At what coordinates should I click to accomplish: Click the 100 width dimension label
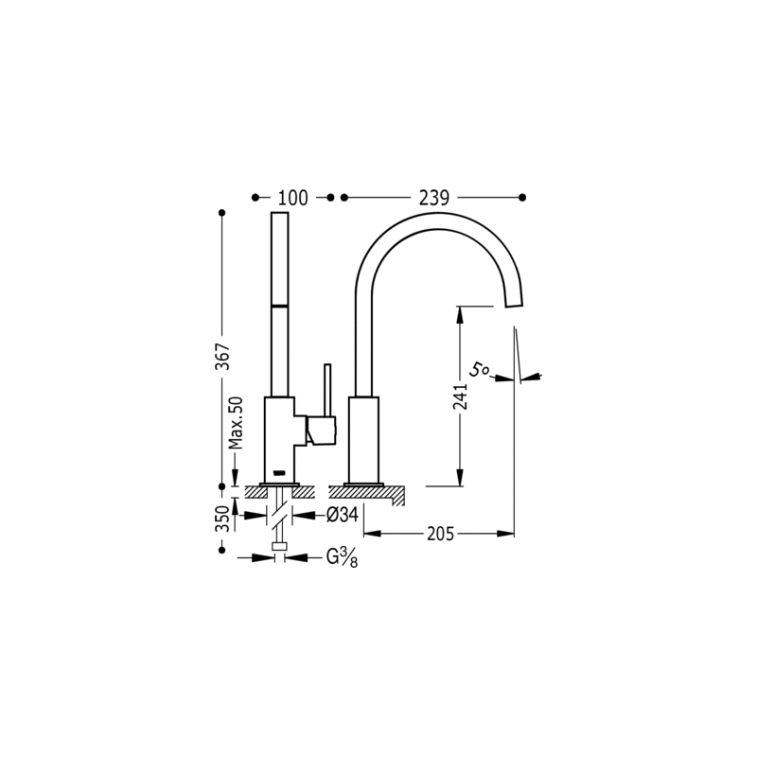292,198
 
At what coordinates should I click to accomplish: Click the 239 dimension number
434,198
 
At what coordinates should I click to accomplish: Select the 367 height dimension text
222,357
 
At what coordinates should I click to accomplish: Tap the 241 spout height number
460,396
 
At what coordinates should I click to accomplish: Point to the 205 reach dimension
440,534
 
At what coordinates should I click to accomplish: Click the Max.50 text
236,423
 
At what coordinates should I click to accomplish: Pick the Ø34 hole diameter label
343,515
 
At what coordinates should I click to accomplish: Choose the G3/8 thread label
343,558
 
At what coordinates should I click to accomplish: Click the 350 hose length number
222,518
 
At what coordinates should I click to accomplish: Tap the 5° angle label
479,371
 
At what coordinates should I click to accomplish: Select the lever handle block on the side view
321,431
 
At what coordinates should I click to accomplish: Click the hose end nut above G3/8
279,546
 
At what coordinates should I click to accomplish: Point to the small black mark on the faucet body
279,472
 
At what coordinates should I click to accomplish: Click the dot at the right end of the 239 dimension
522,198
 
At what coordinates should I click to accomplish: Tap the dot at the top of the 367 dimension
222,212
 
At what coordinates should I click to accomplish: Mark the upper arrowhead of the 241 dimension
460,315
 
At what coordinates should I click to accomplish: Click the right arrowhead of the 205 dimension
505,534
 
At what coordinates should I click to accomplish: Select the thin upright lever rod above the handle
327,390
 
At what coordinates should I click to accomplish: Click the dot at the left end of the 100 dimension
255,198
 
